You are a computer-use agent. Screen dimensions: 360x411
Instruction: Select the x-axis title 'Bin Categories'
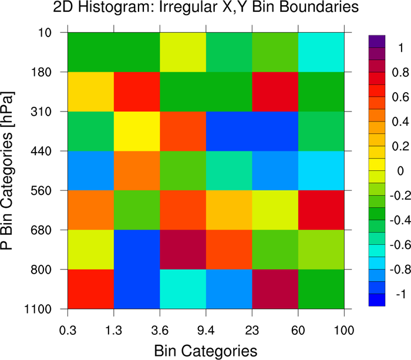coord(206,351)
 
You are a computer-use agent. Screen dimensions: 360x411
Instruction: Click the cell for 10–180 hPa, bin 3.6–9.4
coord(183,52)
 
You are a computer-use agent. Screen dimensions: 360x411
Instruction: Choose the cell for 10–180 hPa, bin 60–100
coord(321,52)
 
